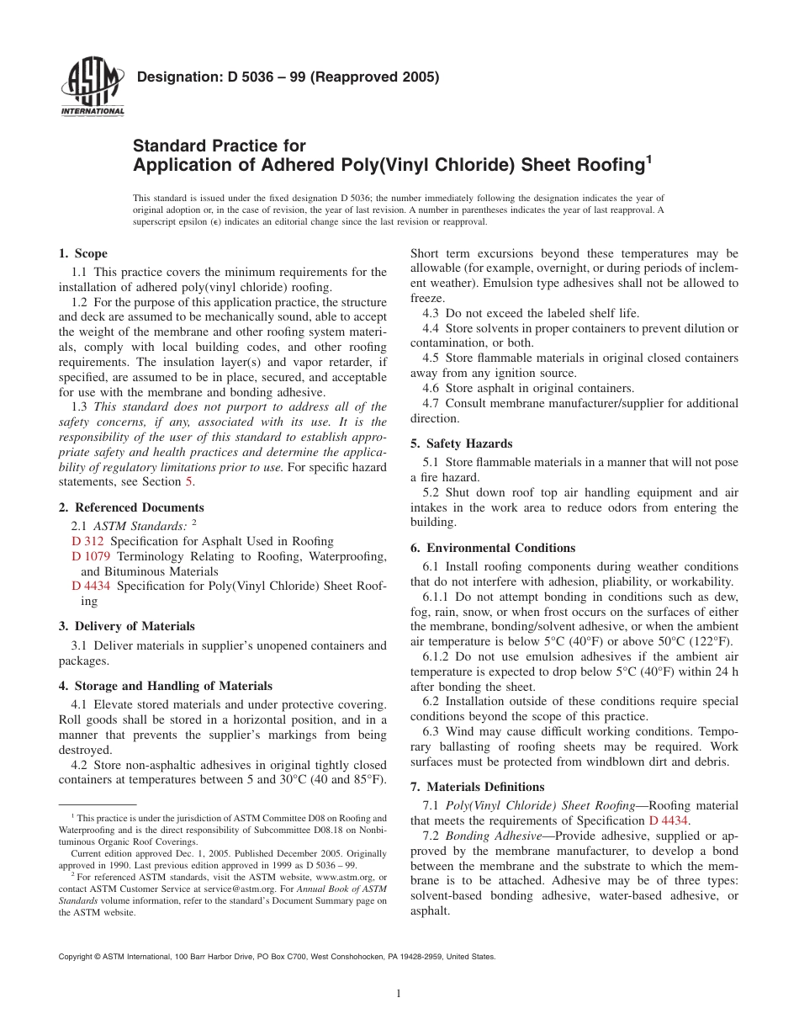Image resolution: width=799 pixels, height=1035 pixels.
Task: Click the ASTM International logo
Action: tap(93, 88)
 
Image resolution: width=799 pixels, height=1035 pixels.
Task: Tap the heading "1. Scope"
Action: tap(82, 253)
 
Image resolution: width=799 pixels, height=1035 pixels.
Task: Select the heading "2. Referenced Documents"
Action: tap(130, 507)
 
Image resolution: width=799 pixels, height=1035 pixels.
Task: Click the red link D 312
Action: tap(87, 541)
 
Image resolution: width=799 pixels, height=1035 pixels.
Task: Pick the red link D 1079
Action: tap(91, 556)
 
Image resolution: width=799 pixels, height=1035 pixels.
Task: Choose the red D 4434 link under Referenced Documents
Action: tap(91, 586)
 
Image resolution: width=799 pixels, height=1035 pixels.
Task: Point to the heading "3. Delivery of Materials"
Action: tap(126, 626)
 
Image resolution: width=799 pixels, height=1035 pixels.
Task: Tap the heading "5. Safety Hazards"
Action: tap(461, 443)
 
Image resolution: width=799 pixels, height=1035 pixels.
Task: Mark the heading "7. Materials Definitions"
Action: tap(477, 787)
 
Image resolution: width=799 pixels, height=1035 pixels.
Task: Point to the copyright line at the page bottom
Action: tap(277, 957)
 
